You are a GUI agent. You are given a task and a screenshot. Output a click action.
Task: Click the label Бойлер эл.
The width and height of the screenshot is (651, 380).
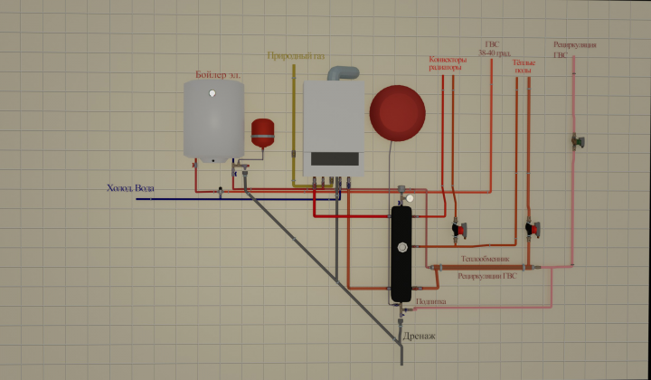pyautogui.click(x=217, y=74)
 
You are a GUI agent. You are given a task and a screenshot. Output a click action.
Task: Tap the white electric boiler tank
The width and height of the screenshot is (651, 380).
pyautogui.click(x=213, y=121)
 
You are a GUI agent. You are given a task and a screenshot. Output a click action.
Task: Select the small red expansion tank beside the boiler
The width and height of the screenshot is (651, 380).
pyautogui.click(x=263, y=132)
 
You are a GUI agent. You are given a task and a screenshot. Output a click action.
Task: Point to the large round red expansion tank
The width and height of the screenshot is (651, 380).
pyautogui.click(x=396, y=113)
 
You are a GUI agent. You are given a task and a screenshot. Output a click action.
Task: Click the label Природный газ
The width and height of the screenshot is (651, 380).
pyautogui.click(x=296, y=56)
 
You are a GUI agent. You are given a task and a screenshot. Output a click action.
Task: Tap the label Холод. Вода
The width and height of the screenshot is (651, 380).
pyautogui.click(x=129, y=188)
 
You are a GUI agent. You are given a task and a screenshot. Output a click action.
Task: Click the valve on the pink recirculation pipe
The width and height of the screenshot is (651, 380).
pyautogui.click(x=576, y=141)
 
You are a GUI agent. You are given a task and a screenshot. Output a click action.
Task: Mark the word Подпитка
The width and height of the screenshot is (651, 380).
pyautogui.click(x=430, y=302)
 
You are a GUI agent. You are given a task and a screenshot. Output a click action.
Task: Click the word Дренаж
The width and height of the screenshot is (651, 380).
pyautogui.click(x=420, y=336)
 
